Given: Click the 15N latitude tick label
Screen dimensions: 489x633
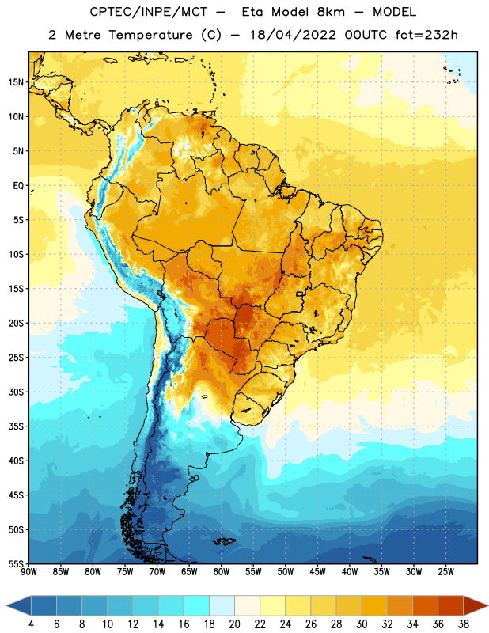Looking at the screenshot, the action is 16,82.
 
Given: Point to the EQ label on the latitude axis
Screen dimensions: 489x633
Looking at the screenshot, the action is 18,186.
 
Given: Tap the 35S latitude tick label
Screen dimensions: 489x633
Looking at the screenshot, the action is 16,426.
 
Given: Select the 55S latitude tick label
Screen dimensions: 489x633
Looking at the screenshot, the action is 16,563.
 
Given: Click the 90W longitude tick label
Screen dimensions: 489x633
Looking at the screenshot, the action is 28,572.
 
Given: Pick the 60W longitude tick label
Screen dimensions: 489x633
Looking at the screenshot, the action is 222,572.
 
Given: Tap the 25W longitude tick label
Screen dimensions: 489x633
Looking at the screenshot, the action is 445,572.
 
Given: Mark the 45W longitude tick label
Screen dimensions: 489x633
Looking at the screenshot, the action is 317,572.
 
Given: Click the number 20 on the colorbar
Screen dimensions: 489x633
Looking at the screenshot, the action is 234,624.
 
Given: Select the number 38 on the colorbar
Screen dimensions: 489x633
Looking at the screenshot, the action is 463,624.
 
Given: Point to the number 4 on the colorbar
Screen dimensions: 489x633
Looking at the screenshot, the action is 31,624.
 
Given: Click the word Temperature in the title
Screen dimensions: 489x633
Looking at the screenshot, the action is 151,35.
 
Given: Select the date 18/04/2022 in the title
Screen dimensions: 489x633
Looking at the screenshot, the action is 293,35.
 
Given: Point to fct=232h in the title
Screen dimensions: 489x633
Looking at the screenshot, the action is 426,35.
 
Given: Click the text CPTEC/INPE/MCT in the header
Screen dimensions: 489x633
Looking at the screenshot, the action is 148,12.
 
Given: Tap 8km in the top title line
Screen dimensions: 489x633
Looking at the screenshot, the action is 331,12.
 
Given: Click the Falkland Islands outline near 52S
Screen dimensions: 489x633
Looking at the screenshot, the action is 224,541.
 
